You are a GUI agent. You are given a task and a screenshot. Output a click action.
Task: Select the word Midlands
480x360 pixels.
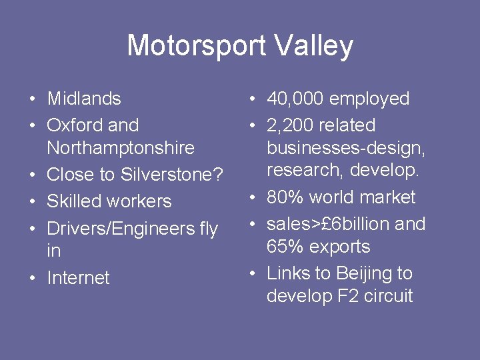pos(84,99)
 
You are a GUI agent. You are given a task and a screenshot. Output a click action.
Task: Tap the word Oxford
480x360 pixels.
pos(75,125)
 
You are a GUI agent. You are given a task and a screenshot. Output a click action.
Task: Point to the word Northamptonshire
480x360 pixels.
pos(121,148)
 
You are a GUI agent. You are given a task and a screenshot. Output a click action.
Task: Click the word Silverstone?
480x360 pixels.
pos(171,175)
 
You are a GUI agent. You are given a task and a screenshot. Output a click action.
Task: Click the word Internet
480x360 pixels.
pos(78,277)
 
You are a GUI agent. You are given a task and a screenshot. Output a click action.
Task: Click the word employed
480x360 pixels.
pos(370,99)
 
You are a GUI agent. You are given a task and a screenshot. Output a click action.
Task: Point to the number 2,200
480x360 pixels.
pos(290,125)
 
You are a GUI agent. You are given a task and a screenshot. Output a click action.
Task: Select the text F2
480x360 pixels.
pos(350,296)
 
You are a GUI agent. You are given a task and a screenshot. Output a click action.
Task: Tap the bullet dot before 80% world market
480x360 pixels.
pos(252,198)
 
